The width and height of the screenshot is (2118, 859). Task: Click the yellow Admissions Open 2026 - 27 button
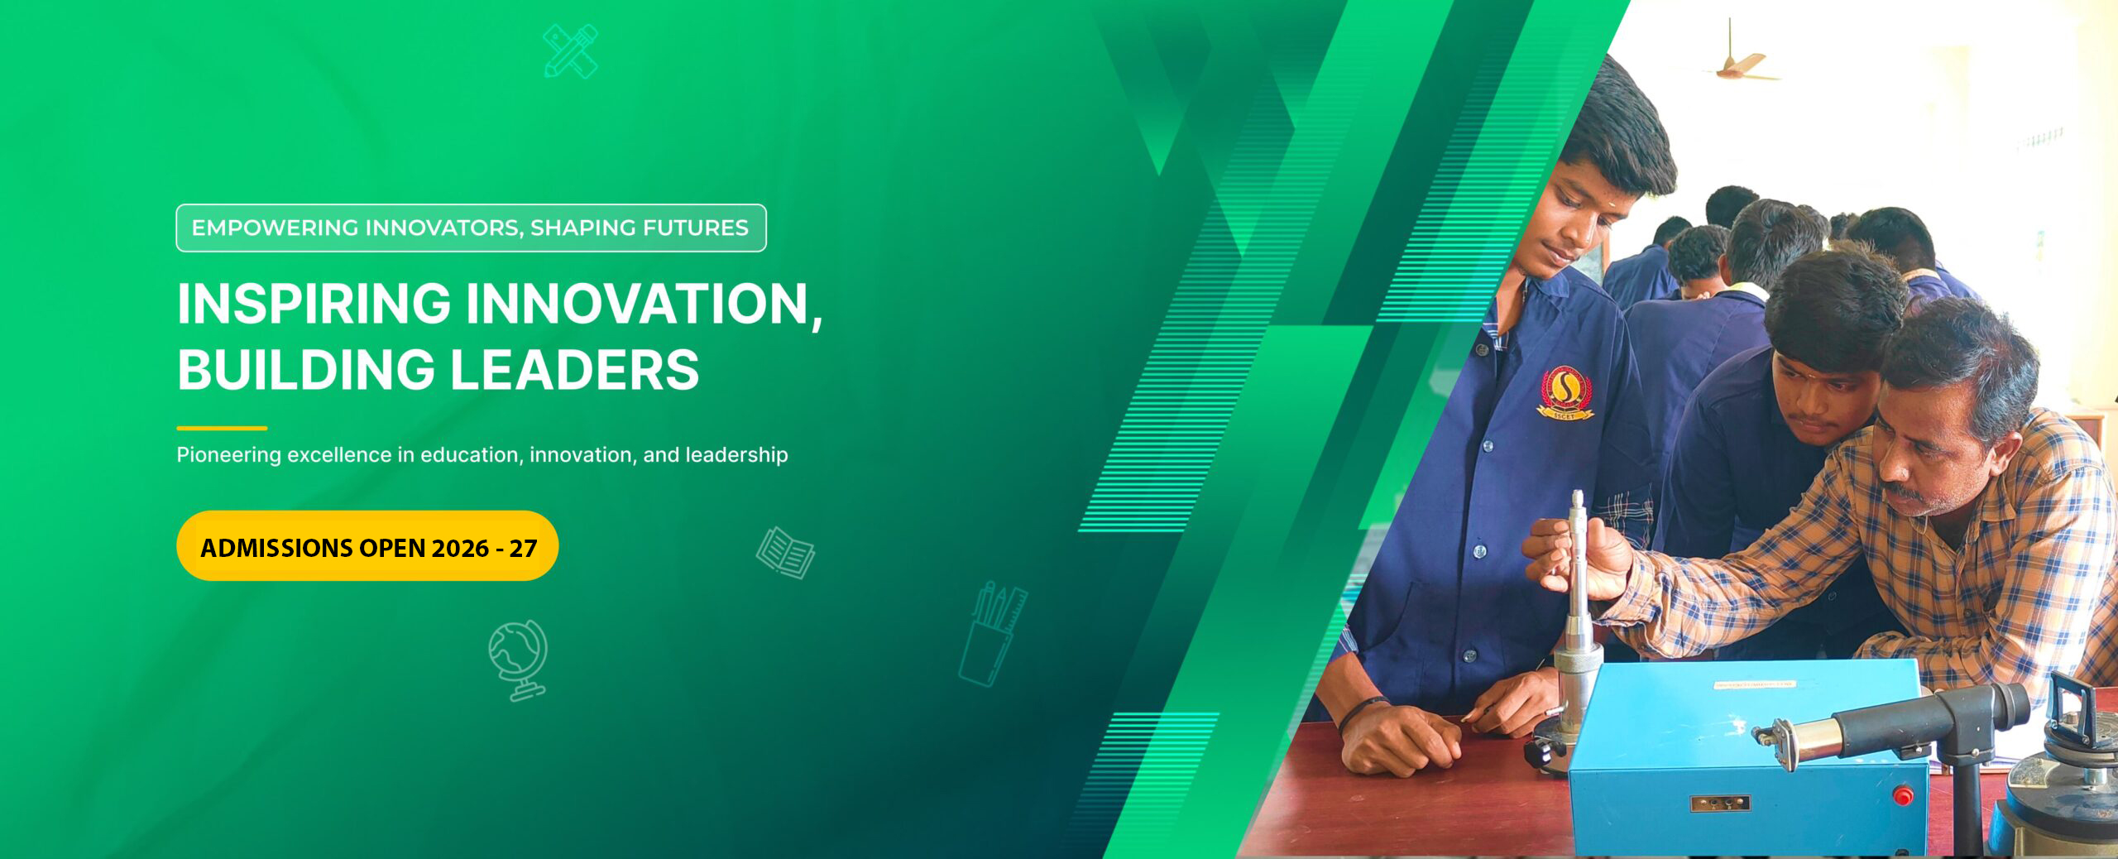coord(367,546)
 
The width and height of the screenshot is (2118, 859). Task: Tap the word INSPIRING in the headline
coord(314,304)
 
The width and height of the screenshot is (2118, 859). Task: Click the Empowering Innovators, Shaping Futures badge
coord(471,228)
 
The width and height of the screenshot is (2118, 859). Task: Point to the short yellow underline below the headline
coord(222,428)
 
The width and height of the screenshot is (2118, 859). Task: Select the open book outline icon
coord(785,553)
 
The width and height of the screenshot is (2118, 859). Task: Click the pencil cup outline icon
coord(992,635)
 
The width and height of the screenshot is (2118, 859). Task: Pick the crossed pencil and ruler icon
coord(570,51)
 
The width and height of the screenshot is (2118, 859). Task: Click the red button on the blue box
coord(1902,797)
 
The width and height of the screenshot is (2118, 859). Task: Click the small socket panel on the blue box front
coord(1719,803)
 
